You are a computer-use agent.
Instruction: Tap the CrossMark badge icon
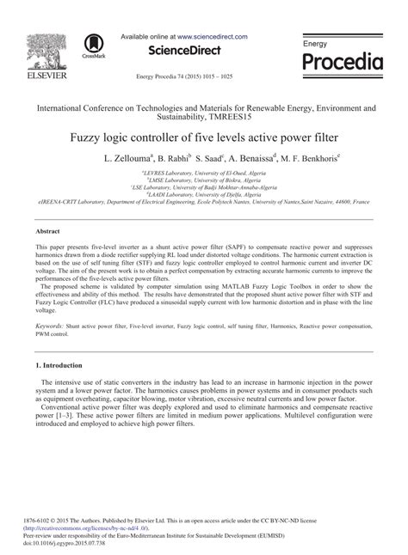pos(91,46)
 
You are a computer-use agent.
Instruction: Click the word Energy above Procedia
pos(315,43)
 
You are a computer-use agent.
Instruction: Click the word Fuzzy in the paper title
pos(86,137)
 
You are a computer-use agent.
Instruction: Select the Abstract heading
pos(47,232)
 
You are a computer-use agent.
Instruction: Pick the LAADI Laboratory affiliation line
pos(204,194)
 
